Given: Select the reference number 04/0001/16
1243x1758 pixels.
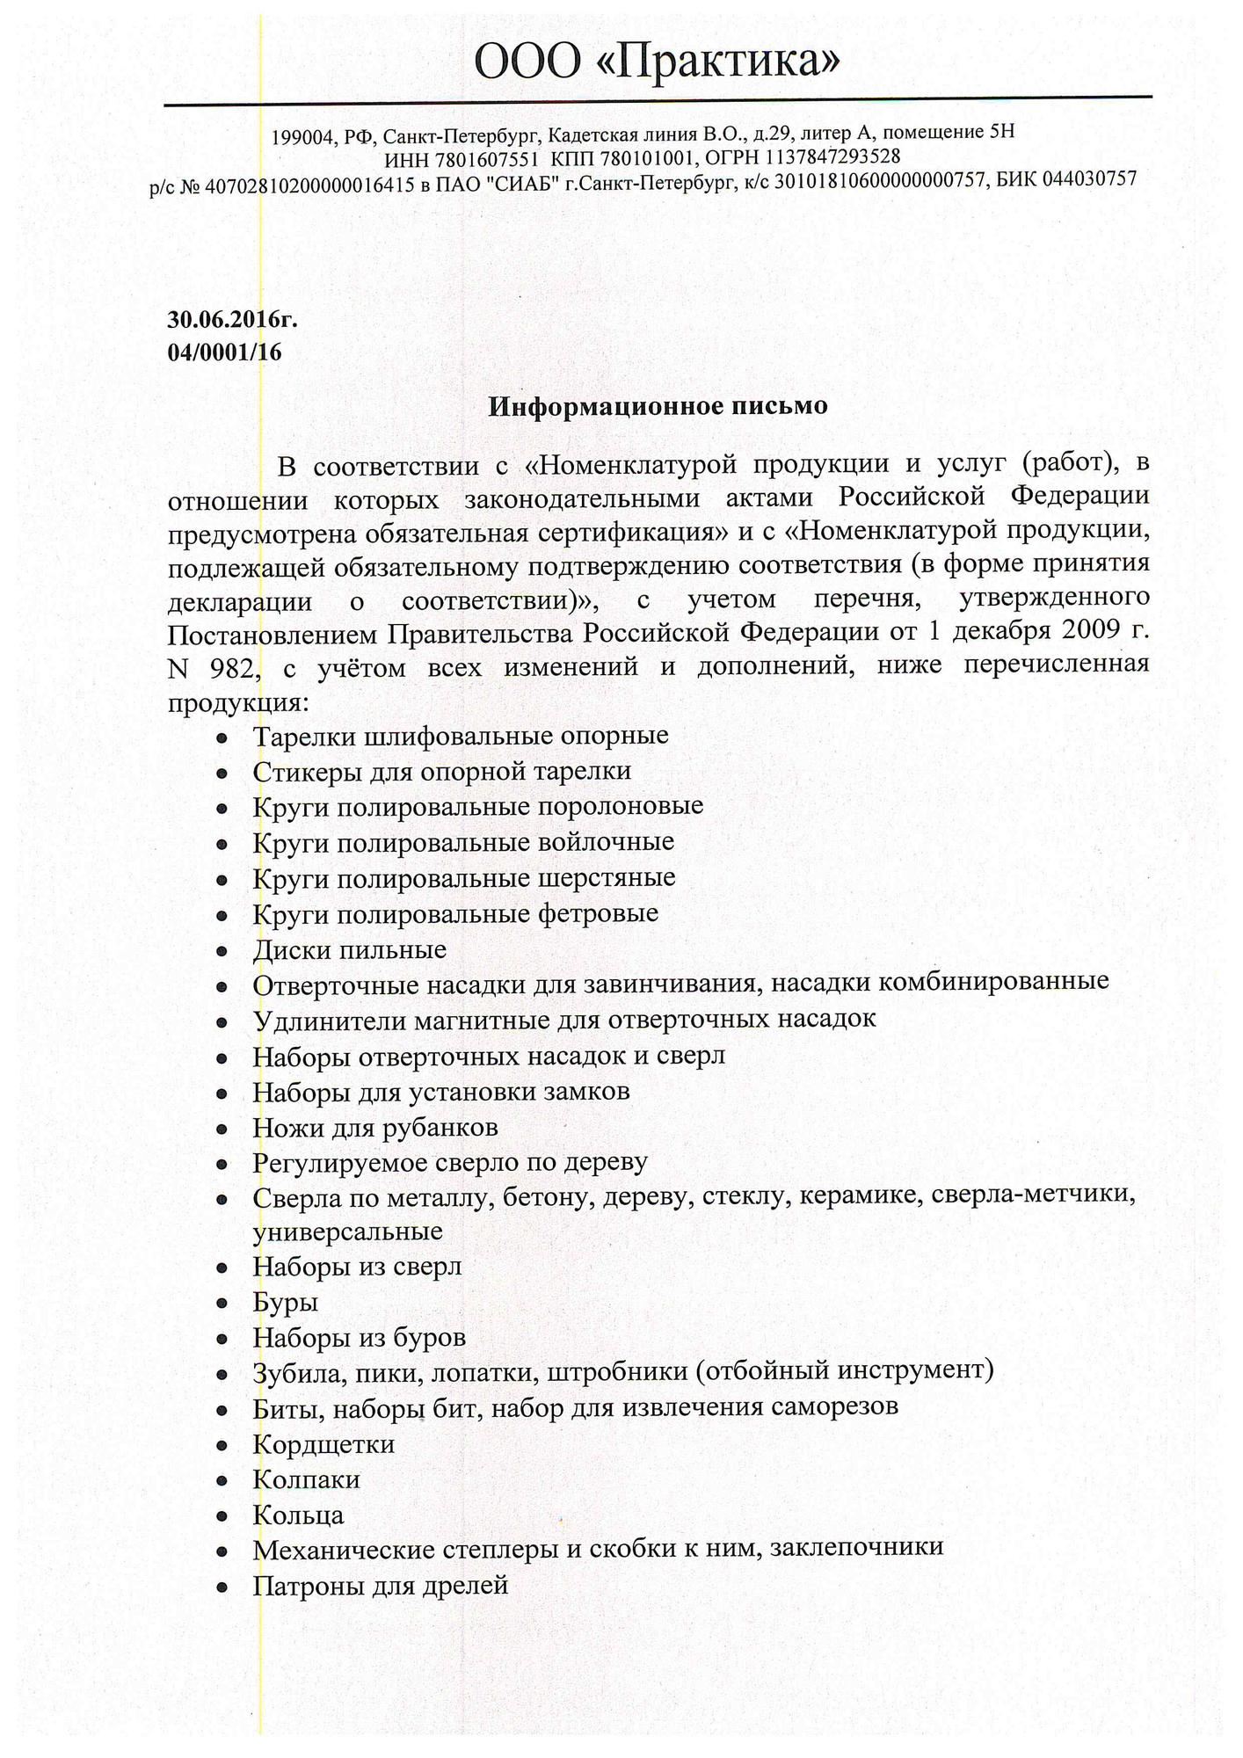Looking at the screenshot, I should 224,352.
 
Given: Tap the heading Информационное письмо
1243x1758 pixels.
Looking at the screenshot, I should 658,406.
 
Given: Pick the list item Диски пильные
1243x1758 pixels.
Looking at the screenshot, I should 349,950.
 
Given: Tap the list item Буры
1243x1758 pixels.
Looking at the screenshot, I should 285,1302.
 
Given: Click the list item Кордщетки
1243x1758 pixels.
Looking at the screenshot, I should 323,1444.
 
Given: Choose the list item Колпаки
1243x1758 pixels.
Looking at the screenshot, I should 306,1479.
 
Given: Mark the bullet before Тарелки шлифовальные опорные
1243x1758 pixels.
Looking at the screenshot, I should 223,737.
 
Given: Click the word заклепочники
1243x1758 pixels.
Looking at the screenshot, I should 856,1550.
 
